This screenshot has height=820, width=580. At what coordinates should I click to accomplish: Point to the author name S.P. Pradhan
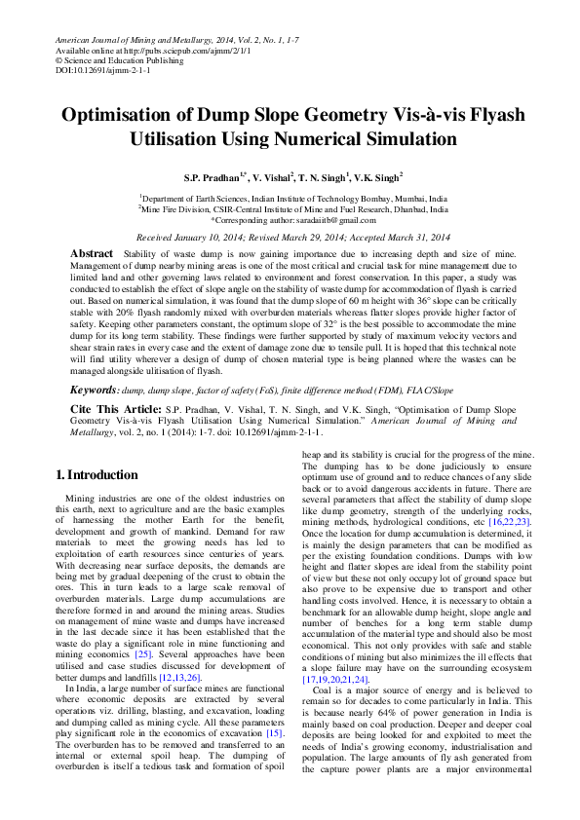click(213, 180)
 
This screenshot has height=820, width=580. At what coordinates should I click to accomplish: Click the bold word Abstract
click(93, 253)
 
